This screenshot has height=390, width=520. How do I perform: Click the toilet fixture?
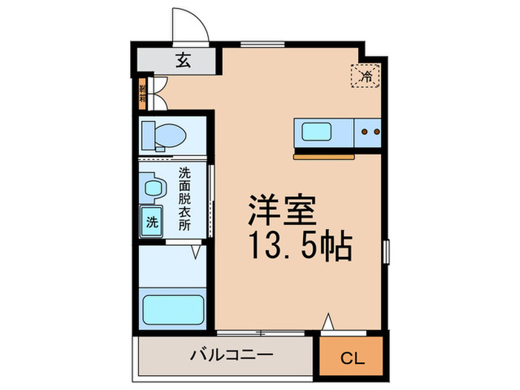164,135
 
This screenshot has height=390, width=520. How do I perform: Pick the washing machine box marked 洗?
152,221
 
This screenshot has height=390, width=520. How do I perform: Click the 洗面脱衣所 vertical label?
184,199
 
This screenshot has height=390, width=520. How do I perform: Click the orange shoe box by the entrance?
141,94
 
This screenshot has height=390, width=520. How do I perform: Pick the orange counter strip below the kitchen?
325,157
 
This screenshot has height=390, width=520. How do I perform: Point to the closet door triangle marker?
328,323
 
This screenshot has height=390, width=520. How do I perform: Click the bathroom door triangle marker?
196,253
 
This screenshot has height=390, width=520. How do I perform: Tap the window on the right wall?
386,250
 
